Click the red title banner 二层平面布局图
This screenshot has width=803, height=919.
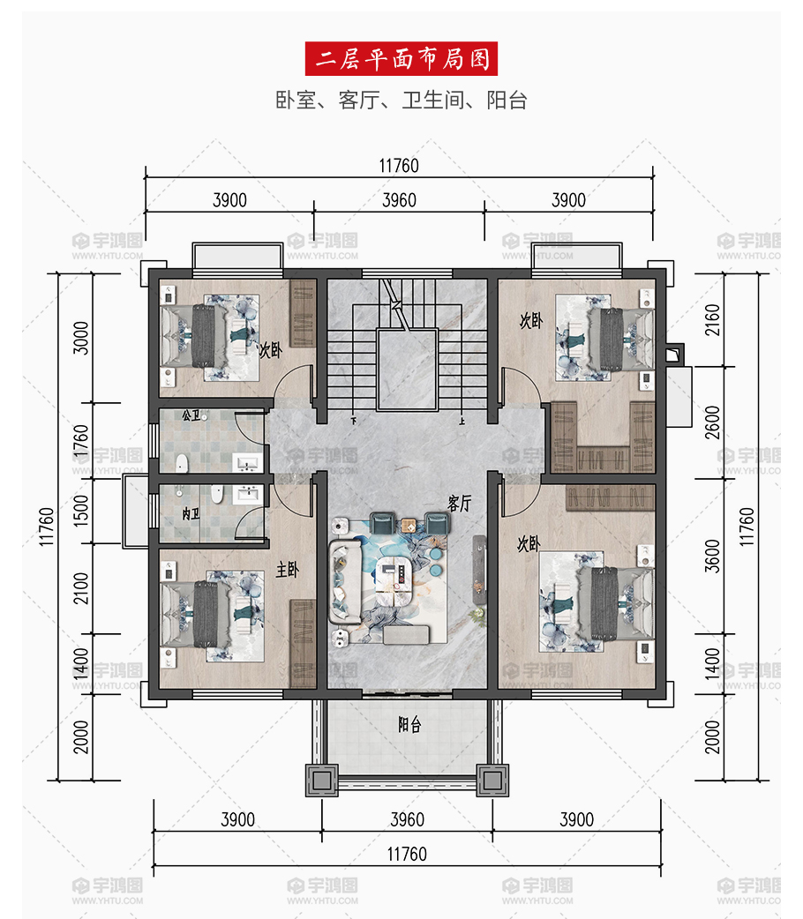[401, 58]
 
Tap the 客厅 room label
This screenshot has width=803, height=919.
[459, 504]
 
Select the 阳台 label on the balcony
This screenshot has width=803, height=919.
[409, 725]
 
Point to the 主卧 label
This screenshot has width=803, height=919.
[288, 569]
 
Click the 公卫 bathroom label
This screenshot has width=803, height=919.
[191, 415]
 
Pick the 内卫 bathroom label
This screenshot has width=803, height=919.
[191, 514]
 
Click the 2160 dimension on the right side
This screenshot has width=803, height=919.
[711, 320]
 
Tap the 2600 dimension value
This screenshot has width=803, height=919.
[711, 422]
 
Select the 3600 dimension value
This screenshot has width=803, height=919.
[711, 557]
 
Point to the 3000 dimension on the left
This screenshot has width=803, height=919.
[80, 338]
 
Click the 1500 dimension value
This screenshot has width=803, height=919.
[80, 511]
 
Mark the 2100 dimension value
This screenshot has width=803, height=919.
[80, 588]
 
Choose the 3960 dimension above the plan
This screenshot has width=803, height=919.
[400, 200]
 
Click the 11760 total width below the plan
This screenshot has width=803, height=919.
[407, 854]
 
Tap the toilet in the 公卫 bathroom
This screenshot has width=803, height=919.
[182, 463]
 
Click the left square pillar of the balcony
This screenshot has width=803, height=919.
[322, 781]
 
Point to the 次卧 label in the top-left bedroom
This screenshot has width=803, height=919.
[271, 350]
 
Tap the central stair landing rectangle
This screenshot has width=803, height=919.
[407, 370]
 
